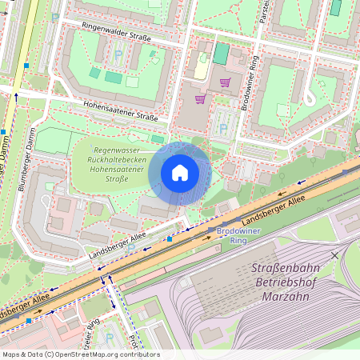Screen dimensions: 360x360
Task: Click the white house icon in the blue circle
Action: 180,173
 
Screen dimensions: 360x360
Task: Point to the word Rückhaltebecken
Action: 119,160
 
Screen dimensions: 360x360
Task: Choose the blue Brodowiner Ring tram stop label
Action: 227,235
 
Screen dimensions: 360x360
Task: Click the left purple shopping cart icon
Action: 199,99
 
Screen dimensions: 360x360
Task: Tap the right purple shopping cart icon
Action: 226,82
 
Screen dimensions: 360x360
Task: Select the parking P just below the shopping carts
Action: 223,127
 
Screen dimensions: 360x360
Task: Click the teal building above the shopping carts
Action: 221,54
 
